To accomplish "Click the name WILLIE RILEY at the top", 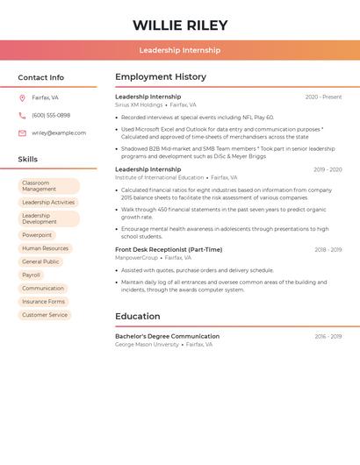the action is (x=180, y=25).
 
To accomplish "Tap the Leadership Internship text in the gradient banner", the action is (x=180, y=50).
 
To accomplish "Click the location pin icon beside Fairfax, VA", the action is (x=22, y=97).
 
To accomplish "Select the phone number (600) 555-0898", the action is (x=51, y=115).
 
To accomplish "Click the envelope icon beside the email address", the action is (x=22, y=133).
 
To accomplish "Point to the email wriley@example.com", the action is (x=59, y=133).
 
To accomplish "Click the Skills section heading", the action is (x=28, y=160).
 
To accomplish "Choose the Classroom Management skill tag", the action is (x=48, y=186).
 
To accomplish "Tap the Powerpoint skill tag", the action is (x=37, y=235).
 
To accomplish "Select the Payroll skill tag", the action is (x=31, y=275).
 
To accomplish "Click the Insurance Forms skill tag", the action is (x=43, y=302).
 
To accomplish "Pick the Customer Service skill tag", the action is (x=45, y=315).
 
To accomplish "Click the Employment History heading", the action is (x=161, y=77).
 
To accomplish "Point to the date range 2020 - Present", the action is (x=323, y=97).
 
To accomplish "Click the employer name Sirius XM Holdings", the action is (x=139, y=105).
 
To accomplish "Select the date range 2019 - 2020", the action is (x=328, y=169).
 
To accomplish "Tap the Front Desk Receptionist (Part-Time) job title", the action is (x=169, y=249).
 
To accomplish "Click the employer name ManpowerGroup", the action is (x=136, y=258).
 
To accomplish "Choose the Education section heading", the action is (x=138, y=317).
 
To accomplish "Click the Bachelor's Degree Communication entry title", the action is (x=167, y=336).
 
